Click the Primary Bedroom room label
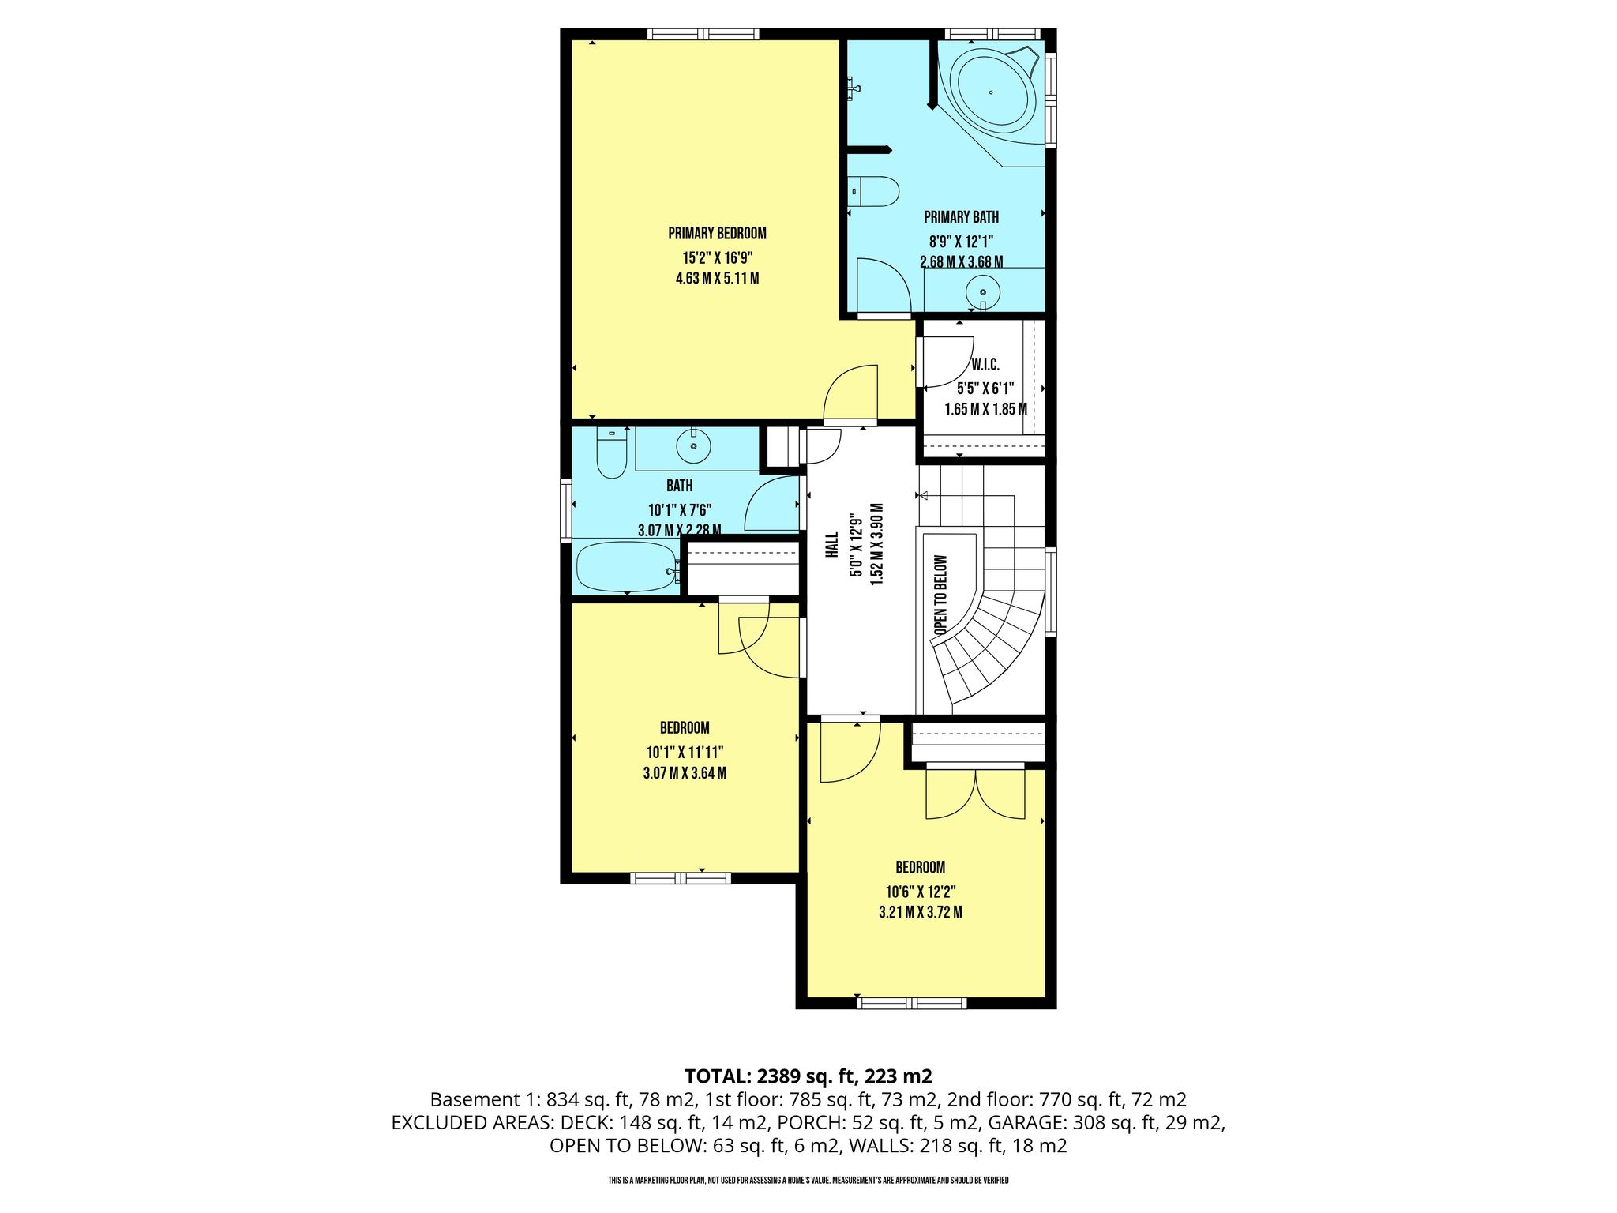coord(717,234)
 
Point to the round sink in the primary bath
coord(983,293)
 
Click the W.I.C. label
coord(985,365)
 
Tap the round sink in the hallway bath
coord(694,447)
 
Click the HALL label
coord(831,545)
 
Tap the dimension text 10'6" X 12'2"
coord(921,892)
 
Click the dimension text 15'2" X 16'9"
coord(718,257)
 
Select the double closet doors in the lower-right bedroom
coord(975,794)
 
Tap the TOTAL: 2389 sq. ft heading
coord(808,1076)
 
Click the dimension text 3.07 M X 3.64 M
coord(685,773)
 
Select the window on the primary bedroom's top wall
coord(703,34)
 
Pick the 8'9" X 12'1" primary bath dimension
coord(961,240)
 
